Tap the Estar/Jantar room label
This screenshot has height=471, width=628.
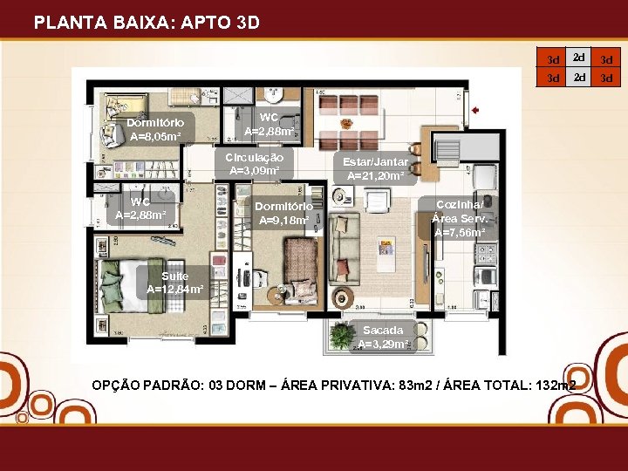(x=375, y=169)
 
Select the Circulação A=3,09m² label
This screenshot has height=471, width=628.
(x=254, y=164)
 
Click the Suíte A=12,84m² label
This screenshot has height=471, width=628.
(x=174, y=283)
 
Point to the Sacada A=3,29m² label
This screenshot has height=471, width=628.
(x=383, y=337)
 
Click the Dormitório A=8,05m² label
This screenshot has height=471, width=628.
(x=155, y=130)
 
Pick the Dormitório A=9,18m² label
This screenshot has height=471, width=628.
(x=283, y=213)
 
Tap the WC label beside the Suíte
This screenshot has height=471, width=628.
(x=134, y=208)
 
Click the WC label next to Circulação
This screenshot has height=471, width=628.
(x=269, y=125)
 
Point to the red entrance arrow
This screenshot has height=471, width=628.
(x=476, y=111)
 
